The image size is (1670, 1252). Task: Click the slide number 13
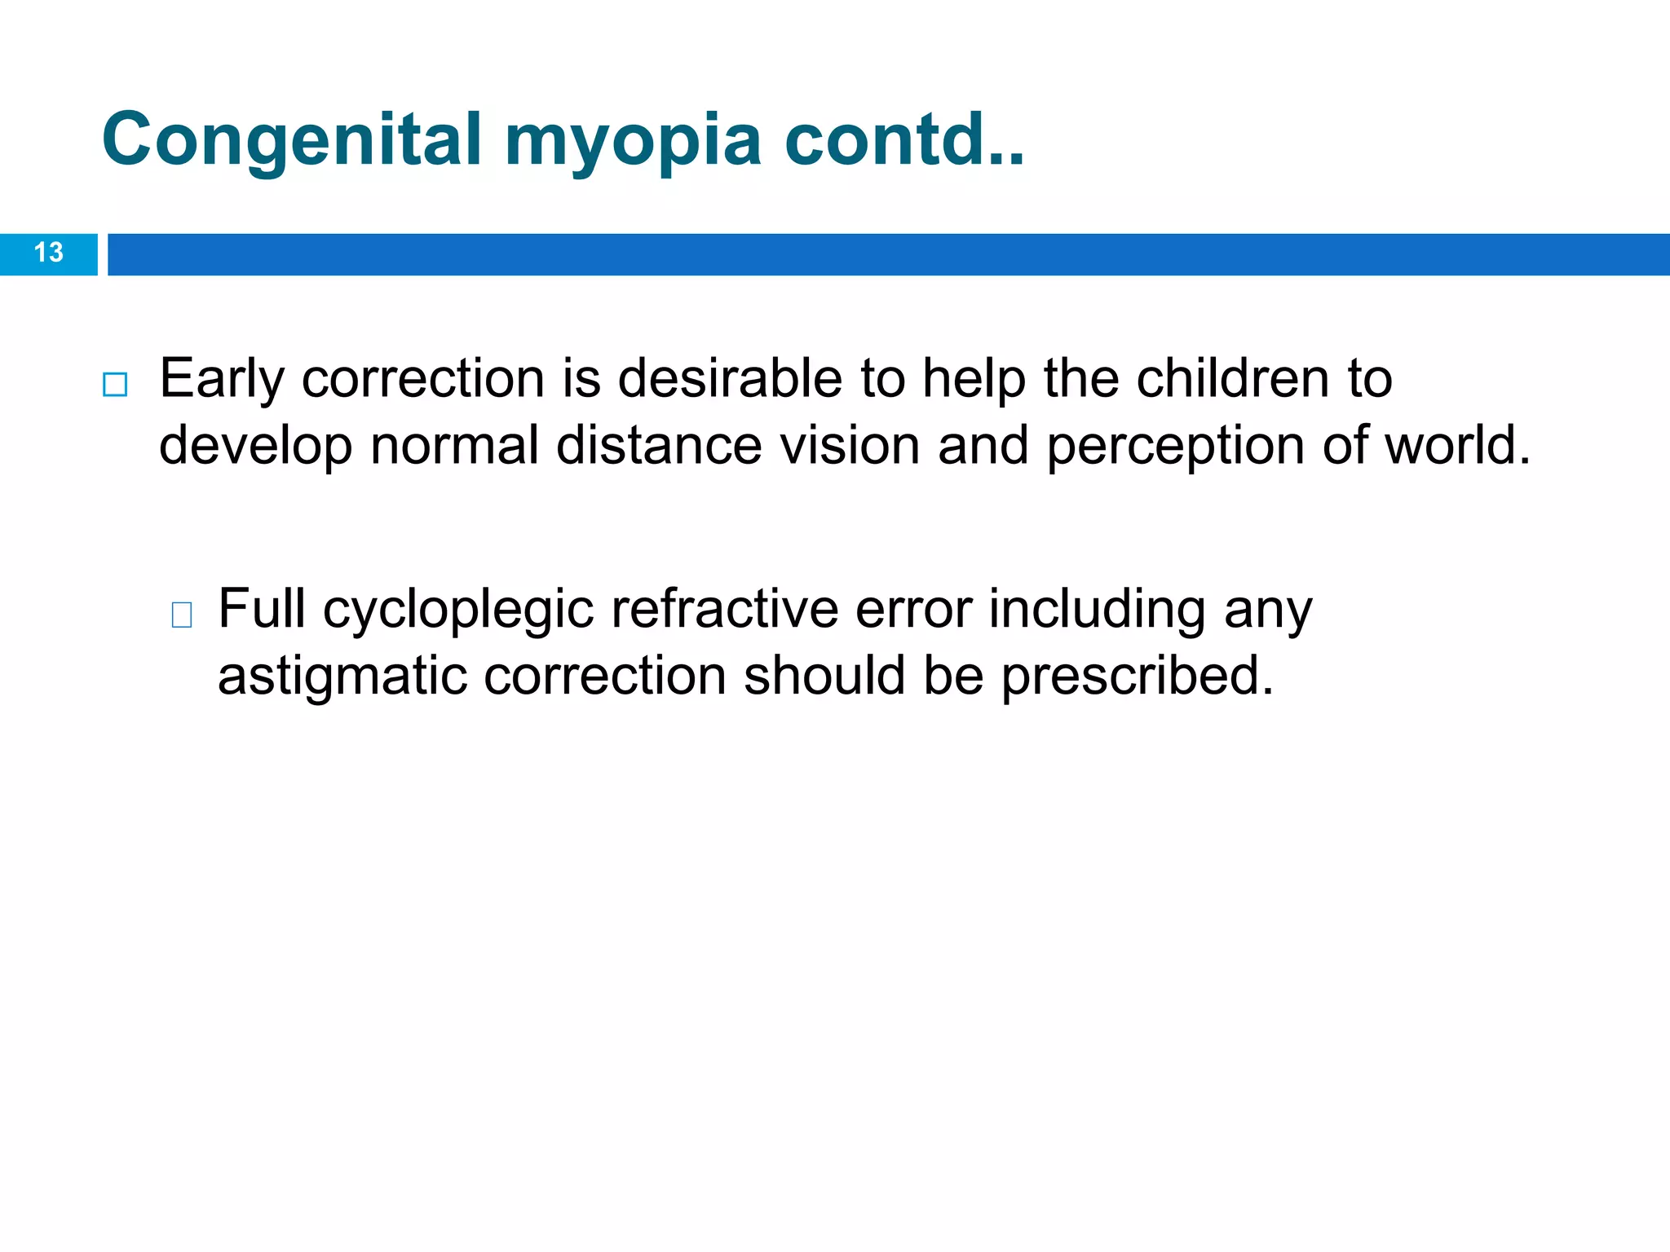(x=49, y=253)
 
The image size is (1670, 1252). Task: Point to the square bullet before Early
(x=115, y=384)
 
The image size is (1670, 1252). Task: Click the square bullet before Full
(x=182, y=615)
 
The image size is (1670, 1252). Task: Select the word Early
(x=222, y=379)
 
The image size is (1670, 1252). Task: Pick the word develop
(x=255, y=446)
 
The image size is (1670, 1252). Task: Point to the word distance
(x=659, y=446)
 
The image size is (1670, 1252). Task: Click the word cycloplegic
(x=458, y=610)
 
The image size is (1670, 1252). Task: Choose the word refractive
(x=724, y=610)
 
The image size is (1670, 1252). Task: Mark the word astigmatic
(x=342, y=677)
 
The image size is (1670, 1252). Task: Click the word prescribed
(x=1137, y=677)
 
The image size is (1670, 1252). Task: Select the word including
(x=1097, y=610)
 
